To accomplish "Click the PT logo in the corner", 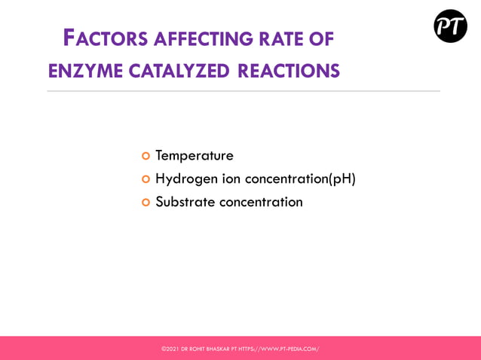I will (x=450, y=26).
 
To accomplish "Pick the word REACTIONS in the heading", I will (x=289, y=72).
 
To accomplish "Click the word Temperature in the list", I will (x=195, y=156).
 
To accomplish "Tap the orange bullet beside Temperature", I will (x=146, y=156).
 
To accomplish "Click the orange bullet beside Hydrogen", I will (x=146, y=179).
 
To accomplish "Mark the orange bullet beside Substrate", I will (x=146, y=202).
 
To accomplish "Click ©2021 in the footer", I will (x=170, y=349).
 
